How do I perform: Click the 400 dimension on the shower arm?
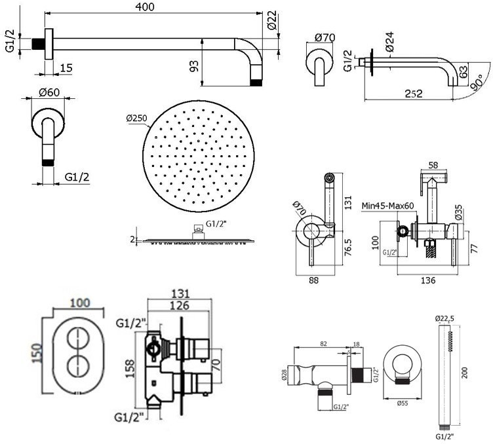tap(145, 7)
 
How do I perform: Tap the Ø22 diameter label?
tap(272, 20)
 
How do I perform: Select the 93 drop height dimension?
tap(195, 65)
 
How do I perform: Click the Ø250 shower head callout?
tap(137, 119)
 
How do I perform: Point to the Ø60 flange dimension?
tap(49, 92)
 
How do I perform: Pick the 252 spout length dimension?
tap(414, 94)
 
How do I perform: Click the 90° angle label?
tap(478, 83)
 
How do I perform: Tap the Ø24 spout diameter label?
tap(389, 42)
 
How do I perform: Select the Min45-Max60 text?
tap(387, 206)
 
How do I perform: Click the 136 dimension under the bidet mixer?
tap(428, 280)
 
